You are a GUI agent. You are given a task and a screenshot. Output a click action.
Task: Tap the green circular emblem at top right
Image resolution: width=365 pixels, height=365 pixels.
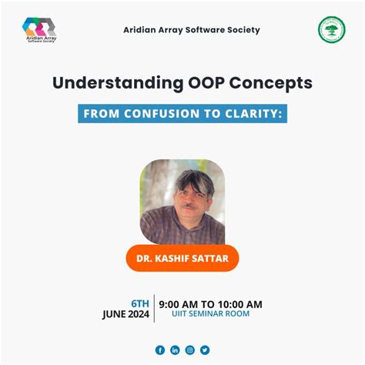click(331, 30)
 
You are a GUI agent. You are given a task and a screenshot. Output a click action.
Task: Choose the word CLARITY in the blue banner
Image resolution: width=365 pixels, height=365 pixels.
click(254, 113)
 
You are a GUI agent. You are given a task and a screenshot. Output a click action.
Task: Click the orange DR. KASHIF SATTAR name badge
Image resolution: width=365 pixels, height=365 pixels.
click(182, 259)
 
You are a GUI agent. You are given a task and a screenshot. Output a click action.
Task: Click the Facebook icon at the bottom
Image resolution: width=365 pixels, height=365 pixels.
click(160, 350)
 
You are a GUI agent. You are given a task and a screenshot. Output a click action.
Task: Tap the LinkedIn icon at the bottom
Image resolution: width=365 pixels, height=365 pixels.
click(175, 350)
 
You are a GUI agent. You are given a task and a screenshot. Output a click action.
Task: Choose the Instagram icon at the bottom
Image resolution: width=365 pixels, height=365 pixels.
click(190, 350)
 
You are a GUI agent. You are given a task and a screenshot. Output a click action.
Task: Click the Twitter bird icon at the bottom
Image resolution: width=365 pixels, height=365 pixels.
click(205, 350)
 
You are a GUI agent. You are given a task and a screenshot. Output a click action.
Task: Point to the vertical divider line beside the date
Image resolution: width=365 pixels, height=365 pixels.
click(153, 308)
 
